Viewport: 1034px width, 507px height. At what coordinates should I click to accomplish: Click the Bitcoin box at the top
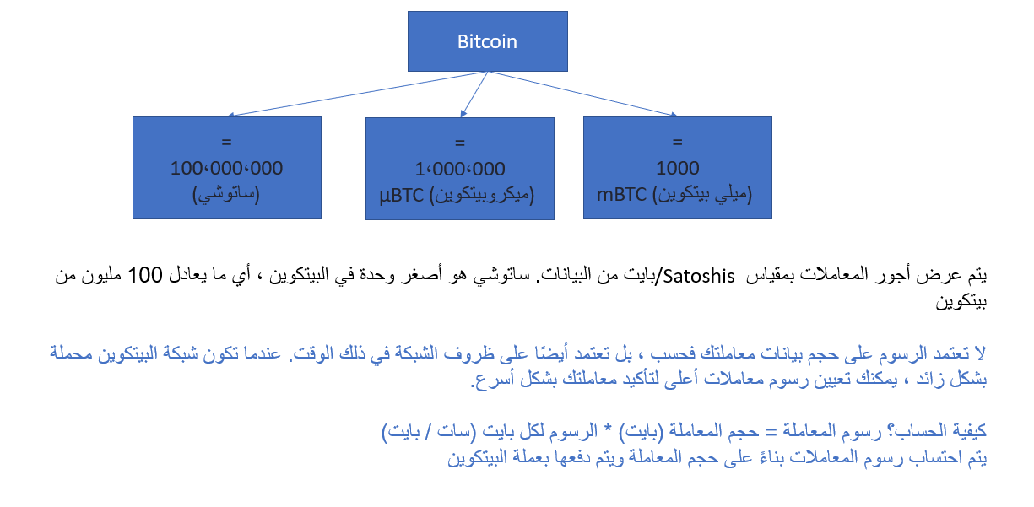point(487,41)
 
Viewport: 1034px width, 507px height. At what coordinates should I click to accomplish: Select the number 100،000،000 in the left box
point(226,168)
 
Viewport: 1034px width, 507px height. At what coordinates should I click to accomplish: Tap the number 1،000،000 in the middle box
point(459,169)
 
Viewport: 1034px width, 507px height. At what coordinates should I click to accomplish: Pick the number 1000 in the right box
point(677,168)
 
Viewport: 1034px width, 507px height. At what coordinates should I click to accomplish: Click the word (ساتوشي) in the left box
point(226,194)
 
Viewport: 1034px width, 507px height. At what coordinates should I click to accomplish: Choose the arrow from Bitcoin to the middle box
point(474,94)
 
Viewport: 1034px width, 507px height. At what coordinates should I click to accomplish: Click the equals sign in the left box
point(226,141)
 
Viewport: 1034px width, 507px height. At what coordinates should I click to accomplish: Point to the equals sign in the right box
point(677,141)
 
